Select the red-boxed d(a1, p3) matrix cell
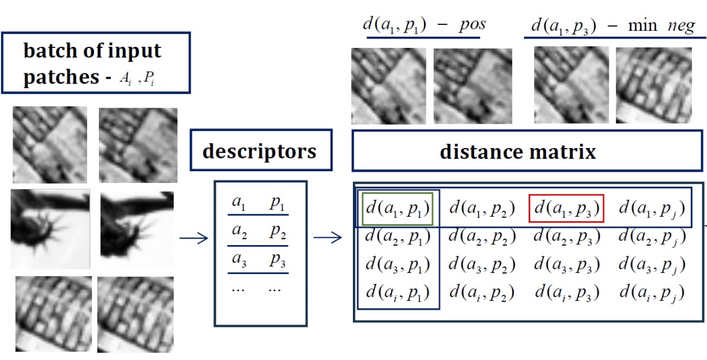tap(566, 208)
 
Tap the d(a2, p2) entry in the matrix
tap(481, 237)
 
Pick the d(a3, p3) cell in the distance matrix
tap(566, 265)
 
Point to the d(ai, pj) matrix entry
tap(652, 292)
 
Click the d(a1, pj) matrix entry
tap(652, 208)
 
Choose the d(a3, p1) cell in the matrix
tap(397, 265)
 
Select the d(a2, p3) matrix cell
tap(566, 237)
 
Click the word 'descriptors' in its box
tap(259, 152)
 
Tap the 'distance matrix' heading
tap(518, 152)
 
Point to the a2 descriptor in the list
tap(239, 233)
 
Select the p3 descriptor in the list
tap(277, 260)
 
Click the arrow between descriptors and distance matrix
tap(327, 239)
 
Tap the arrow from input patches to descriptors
tap(194, 239)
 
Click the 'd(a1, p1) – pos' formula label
tap(423, 25)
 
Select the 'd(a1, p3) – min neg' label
tap(612, 25)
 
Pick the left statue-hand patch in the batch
tap(50, 229)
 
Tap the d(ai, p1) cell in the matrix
tap(397, 292)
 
